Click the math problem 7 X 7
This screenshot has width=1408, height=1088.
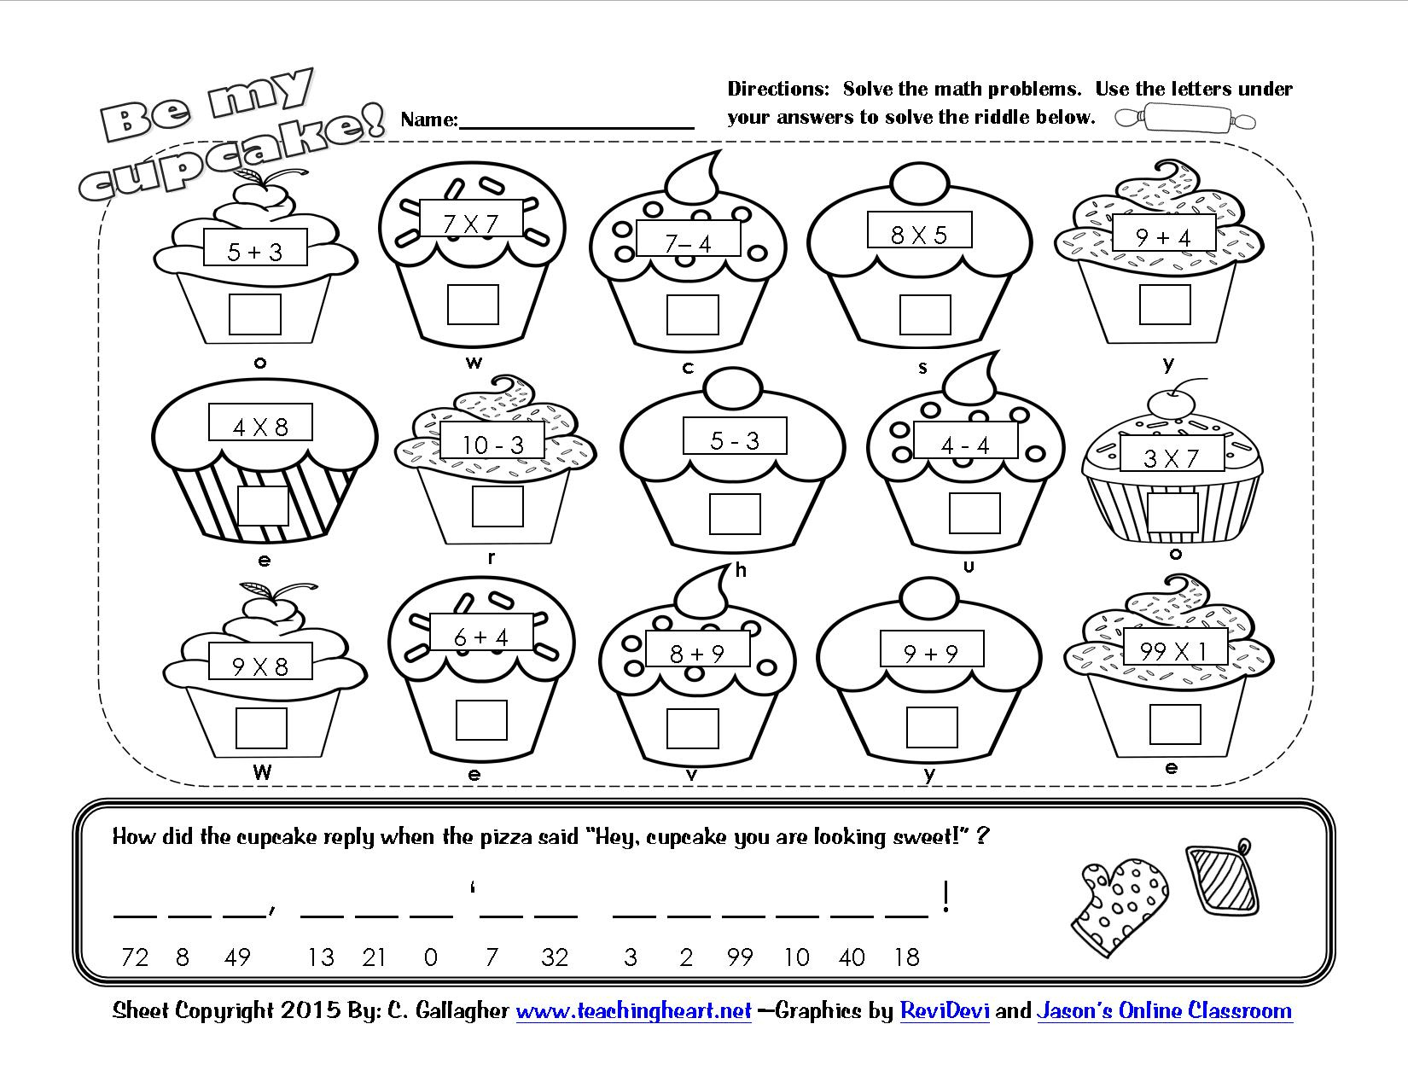[471, 224]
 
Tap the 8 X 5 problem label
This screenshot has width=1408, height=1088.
[919, 233]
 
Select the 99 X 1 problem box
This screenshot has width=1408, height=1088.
[1175, 651]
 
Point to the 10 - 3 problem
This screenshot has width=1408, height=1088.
[493, 444]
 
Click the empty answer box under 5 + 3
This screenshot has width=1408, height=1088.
[255, 314]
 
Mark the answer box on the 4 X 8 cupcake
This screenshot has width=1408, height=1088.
[263, 505]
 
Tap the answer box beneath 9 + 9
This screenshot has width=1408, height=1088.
[931, 728]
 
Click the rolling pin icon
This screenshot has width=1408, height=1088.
[1186, 118]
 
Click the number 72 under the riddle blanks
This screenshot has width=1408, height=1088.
[135, 957]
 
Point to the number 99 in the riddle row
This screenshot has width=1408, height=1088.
[739, 957]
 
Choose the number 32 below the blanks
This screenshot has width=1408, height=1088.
[554, 957]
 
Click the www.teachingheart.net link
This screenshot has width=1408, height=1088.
[633, 1011]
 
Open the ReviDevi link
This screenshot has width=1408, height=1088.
[945, 1011]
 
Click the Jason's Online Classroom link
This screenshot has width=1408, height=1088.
[1164, 1011]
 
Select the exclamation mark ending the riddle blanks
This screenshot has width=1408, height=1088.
[945, 898]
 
